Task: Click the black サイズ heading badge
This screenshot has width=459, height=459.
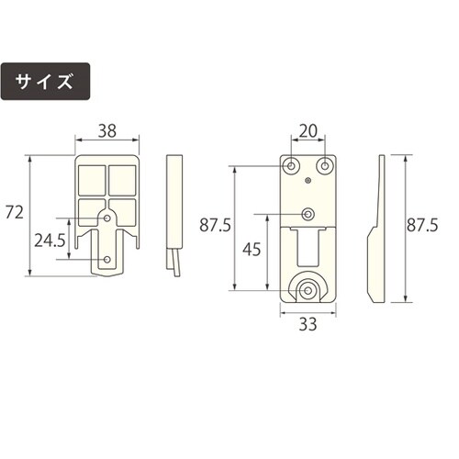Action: pyautogui.click(x=46, y=82)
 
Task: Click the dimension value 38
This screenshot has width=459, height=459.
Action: pyautogui.click(x=107, y=131)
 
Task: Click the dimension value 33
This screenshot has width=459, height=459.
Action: pyautogui.click(x=308, y=323)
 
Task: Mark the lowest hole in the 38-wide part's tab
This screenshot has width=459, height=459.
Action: pyautogui.click(x=107, y=261)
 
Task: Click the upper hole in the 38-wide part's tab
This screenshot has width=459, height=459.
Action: pyautogui.click(x=107, y=218)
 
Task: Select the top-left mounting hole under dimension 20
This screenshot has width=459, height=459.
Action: pyautogui.click(x=291, y=166)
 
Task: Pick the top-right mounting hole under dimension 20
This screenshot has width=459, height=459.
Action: pyautogui.click(x=324, y=166)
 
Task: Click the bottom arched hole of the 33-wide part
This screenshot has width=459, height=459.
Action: pyautogui.click(x=308, y=290)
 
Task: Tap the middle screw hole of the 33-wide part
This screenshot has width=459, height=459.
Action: pyautogui.click(x=308, y=214)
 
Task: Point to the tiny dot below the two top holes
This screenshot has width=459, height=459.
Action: pyautogui.click(x=308, y=183)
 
